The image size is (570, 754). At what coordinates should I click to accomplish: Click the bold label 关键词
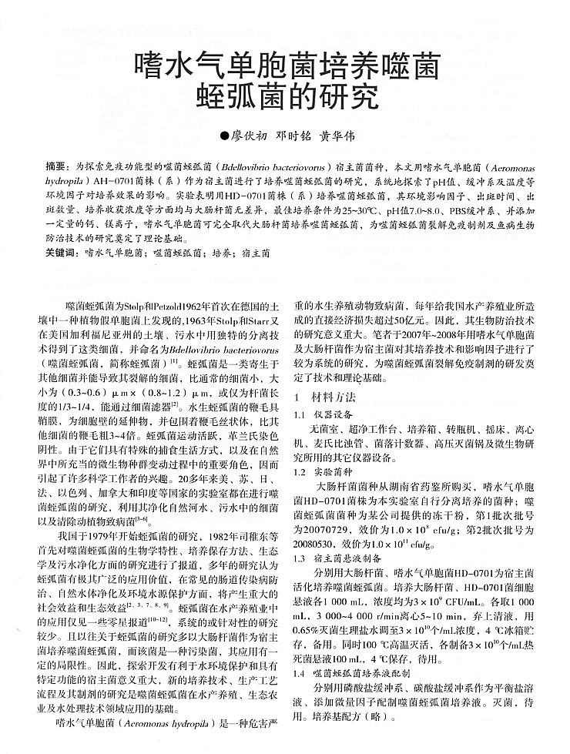tap(61, 253)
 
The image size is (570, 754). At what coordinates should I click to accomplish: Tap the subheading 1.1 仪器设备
tap(327, 414)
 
